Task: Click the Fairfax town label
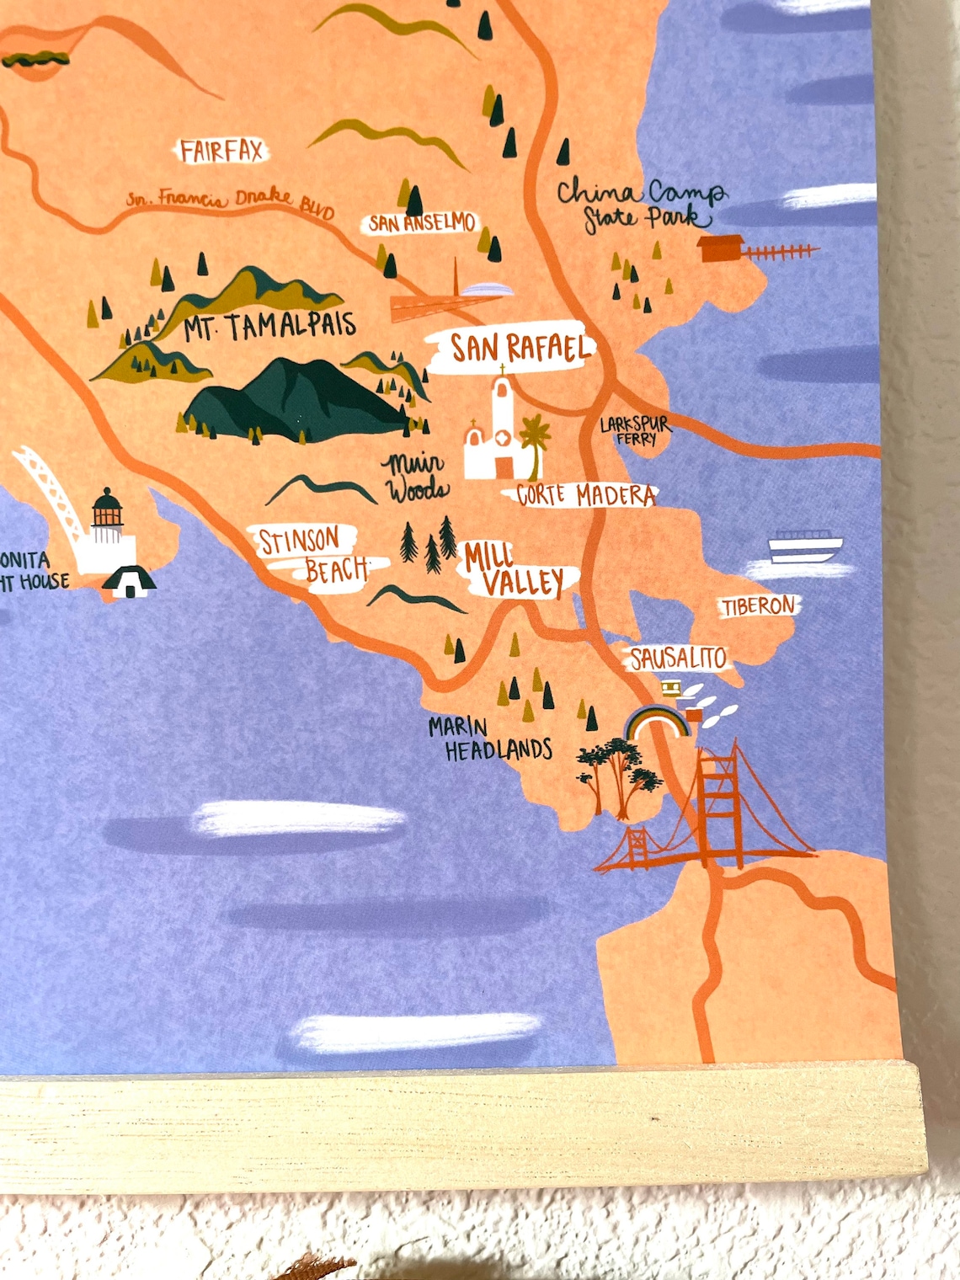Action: click(x=221, y=152)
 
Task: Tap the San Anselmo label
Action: click(x=422, y=223)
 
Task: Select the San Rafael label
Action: click(x=518, y=348)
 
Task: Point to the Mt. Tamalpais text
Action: click(x=270, y=326)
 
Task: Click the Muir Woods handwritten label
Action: click(x=416, y=477)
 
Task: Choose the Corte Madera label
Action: click(x=586, y=495)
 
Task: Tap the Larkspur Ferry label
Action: click(x=636, y=430)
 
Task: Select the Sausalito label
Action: click(x=678, y=658)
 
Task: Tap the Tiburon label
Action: click(x=757, y=605)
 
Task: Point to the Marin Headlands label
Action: click(x=490, y=739)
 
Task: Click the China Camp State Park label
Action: click(x=640, y=205)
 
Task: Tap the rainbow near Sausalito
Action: click(x=658, y=723)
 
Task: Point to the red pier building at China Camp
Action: click(x=723, y=249)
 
